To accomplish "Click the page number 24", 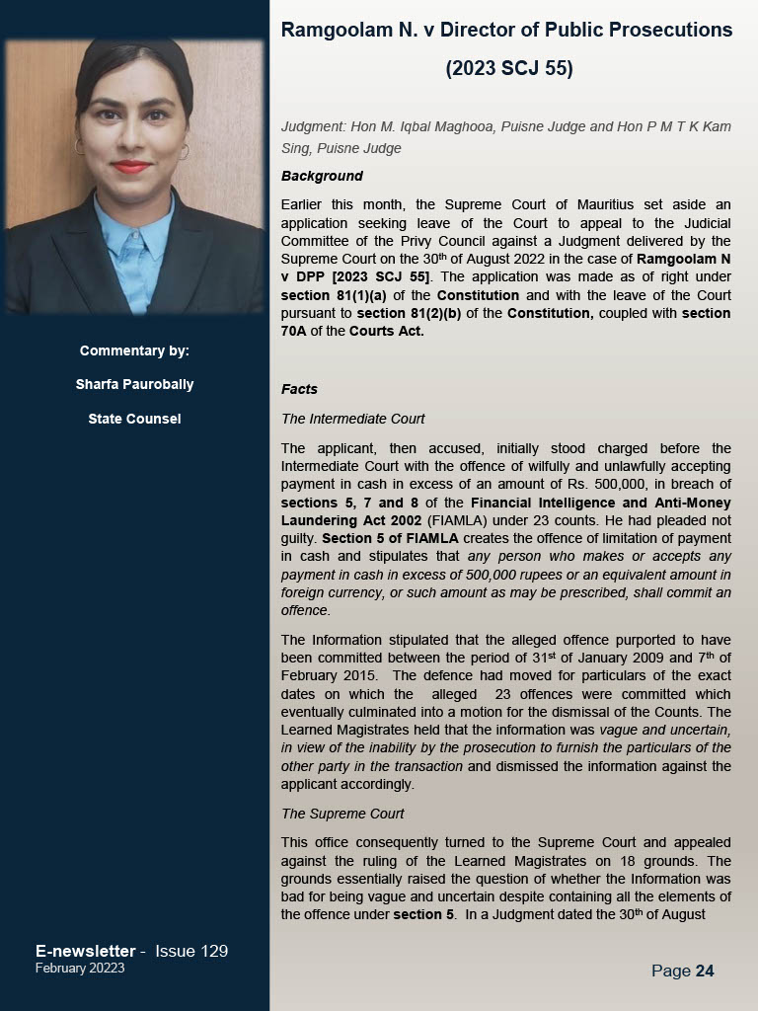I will click(x=704, y=971).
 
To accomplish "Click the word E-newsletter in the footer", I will click(x=85, y=951).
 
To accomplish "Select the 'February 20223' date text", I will click(x=80, y=969).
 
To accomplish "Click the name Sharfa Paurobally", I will click(x=134, y=384).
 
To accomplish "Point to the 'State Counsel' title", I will click(x=134, y=419).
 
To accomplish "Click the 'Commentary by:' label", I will click(x=134, y=350).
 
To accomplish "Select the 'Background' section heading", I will click(x=322, y=176).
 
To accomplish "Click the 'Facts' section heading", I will click(x=299, y=389).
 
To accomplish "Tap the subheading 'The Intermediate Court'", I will click(x=353, y=419).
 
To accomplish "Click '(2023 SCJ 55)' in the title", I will click(x=508, y=68).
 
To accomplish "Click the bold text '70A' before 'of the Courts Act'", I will click(x=295, y=331).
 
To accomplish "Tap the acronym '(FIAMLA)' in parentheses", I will click(x=423, y=519).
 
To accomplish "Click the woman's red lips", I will click(x=131, y=166).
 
